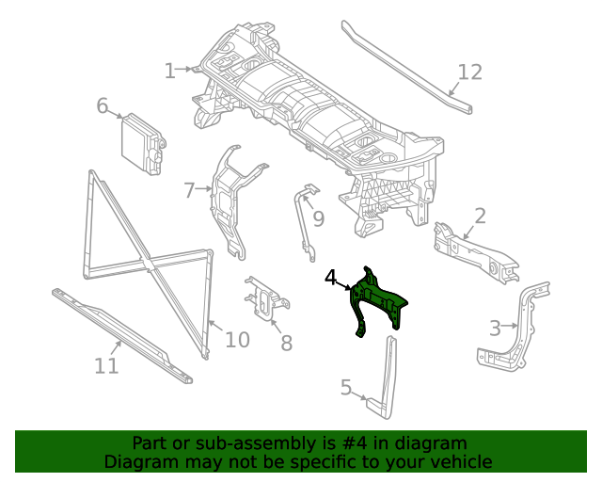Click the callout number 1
170,71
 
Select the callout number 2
480,217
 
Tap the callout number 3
495,328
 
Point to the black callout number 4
331,278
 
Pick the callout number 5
346,387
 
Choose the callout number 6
103,105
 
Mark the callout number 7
190,190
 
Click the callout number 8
286,344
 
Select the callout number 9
319,219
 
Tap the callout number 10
238,339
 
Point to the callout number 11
107,365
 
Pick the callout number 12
469,72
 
